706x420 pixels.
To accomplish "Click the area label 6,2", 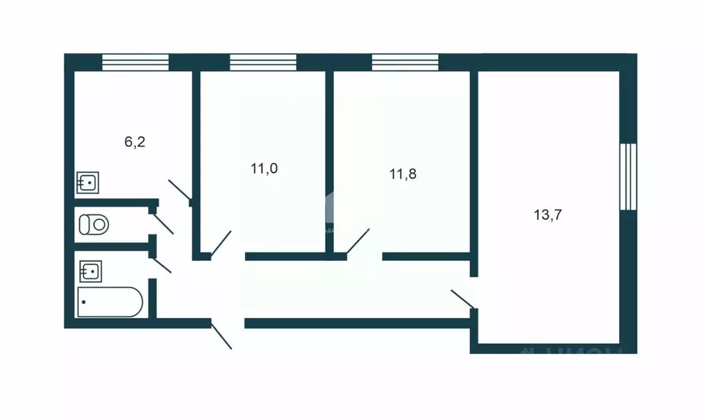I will (x=135, y=143).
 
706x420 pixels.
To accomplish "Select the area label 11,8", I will (x=404, y=174).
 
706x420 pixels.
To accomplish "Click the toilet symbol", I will (x=94, y=224).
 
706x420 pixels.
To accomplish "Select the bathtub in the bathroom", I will (x=110, y=302).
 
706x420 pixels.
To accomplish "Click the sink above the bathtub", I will (x=90, y=270).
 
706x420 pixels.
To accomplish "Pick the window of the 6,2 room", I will (x=135, y=63).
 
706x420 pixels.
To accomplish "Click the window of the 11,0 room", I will (x=263, y=63).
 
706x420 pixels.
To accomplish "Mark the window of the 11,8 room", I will (x=404, y=63).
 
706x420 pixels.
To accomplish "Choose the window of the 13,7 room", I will (x=627, y=175).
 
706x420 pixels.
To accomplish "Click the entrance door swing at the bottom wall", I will (x=222, y=336).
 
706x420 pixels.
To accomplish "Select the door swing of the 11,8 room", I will (x=357, y=241).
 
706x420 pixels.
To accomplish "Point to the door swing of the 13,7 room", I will (x=462, y=299).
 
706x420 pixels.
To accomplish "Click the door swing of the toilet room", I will (x=163, y=222).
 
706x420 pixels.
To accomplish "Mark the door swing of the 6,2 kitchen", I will (x=180, y=190).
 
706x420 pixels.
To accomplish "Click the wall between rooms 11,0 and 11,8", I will (x=329, y=159).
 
